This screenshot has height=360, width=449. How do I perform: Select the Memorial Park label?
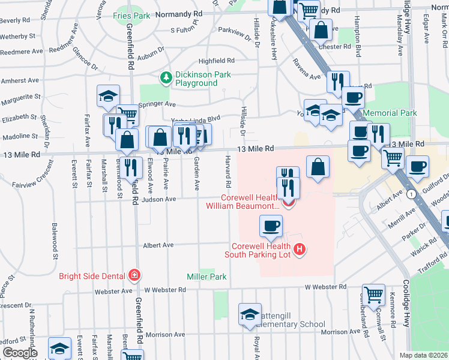391,113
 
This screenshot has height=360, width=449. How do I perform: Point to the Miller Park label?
206,277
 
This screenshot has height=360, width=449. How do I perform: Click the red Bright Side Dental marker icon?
135,277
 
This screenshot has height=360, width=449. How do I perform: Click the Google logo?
20,353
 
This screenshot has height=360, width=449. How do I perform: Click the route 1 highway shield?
411,194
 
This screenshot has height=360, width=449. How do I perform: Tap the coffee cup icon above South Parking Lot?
271,226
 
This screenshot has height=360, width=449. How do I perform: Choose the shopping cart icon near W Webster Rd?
373,294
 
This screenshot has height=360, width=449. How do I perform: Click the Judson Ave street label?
158,199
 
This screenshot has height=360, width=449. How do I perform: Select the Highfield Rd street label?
215,61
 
